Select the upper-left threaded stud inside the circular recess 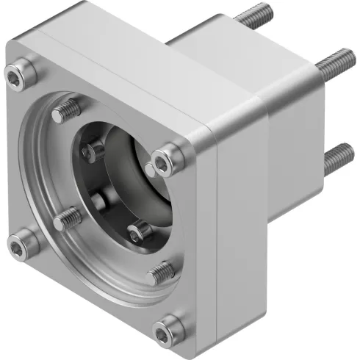(67, 112)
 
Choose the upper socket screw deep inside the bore (93, 152)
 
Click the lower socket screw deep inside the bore (137, 234)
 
